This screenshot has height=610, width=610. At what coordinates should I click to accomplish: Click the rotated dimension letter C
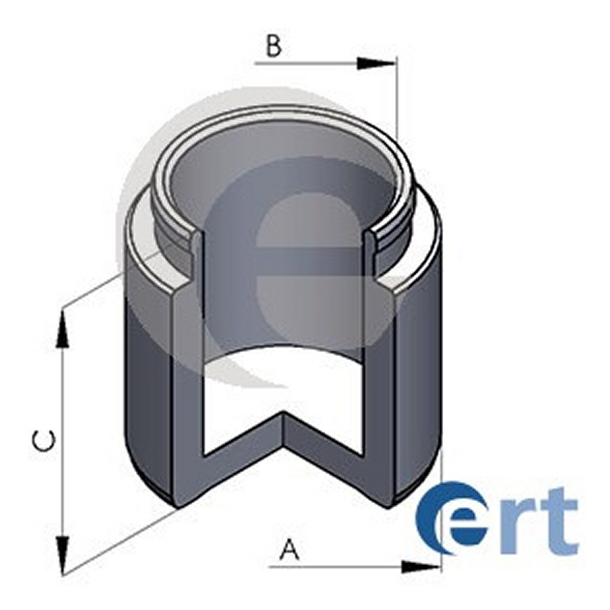coord(44,441)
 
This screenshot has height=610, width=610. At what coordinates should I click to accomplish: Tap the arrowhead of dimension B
coord(376,64)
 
